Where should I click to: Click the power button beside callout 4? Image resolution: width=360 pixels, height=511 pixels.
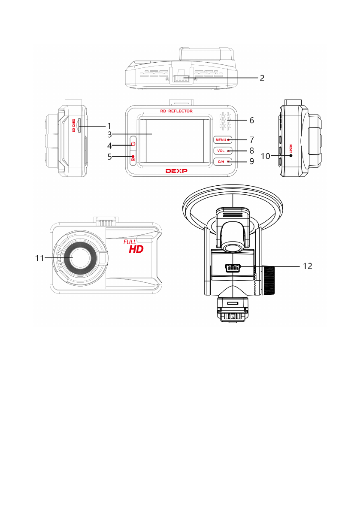click(x=133, y=144)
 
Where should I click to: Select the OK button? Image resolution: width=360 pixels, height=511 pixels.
click(x=133, y=158)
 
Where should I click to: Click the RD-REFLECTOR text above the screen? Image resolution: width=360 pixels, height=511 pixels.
click(x=176, y=111)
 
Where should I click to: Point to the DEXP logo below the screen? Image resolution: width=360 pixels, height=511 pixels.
click(x=176, y=171)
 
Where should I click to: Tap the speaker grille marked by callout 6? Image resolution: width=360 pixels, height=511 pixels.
click(x=225, y=121)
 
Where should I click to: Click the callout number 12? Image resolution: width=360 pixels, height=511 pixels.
click(x=308, y=266)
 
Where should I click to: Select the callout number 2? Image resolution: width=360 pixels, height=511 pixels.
click(x=262, y=78)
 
